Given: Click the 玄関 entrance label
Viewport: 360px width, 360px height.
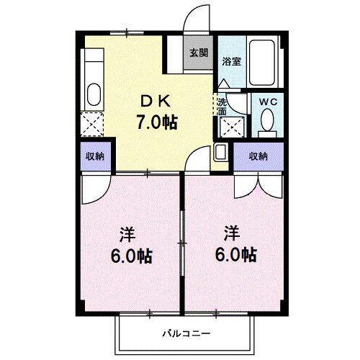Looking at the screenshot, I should [199, 53].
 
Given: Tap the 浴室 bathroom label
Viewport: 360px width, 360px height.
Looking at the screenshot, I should [231, 61].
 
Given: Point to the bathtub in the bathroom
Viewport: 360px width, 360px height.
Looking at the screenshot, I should [268, 61].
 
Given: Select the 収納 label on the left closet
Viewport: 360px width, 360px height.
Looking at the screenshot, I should [95, 156].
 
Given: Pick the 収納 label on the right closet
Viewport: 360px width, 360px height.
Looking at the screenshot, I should [258, 156].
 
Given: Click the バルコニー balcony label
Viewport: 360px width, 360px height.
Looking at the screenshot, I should [185, 334].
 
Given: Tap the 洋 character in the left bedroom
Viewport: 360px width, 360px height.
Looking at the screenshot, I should [127, 235].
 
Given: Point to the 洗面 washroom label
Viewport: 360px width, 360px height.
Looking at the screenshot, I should [222, 107].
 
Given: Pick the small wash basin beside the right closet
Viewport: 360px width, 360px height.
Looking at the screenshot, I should [221, 153].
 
